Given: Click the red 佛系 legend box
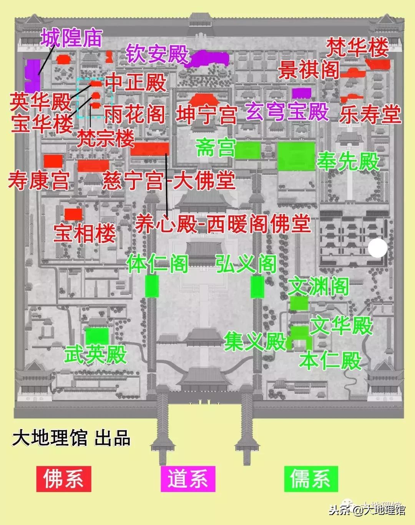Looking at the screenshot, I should click(x=63, y=479).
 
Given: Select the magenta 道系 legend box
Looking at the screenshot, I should click(x=188, y=479).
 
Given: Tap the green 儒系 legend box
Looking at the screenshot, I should click(x=311, y=479).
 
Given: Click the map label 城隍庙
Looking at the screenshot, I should click(x=71, y=38).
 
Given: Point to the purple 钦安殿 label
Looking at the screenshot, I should click(x=157, y=54).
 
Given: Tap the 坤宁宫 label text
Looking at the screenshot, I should click(x=206, y=115).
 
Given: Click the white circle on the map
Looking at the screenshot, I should click(x=377, y=248).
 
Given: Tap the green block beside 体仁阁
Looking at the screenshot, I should click(x=152, y=286).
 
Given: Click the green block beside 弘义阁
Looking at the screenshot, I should click(x=257, y=287).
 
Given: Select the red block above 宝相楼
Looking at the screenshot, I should click(x=73, y=214).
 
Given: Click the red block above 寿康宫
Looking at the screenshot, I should click(x=53, y=161).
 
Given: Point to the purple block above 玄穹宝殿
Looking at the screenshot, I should click(x=302, y=93).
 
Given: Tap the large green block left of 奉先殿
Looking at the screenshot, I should click(x=296, y=156).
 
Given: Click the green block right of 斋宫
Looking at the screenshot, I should click(x=248, y=150).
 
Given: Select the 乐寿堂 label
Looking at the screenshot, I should click(x=370, y=114).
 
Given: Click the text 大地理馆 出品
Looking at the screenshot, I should click(x=71, y=438).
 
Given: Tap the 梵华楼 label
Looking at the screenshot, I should click(x=357, y=48).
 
